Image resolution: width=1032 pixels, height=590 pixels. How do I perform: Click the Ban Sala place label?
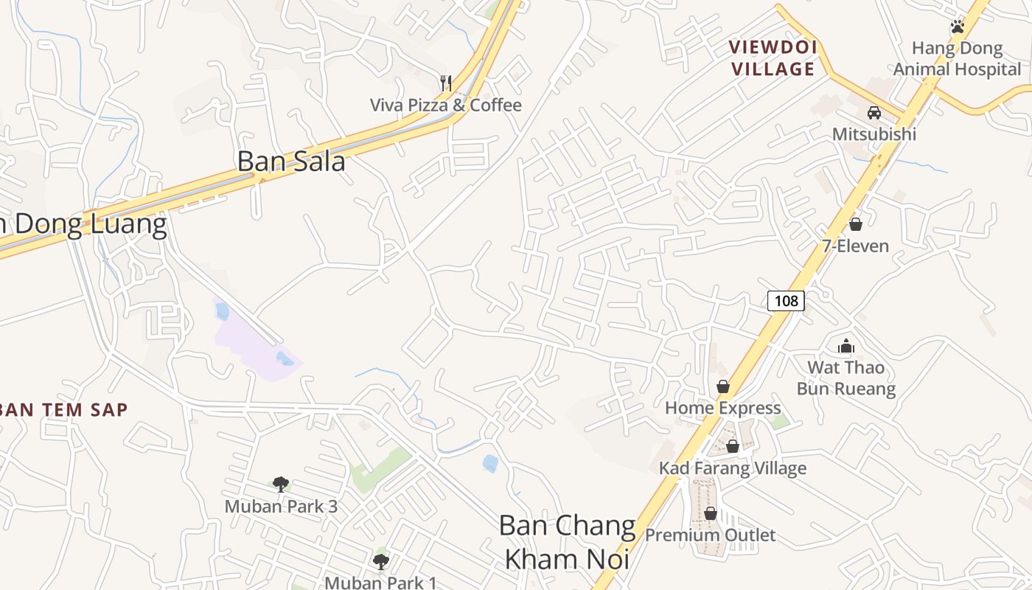pos(291,161)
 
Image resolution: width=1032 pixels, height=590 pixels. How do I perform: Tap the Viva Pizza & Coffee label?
pos(445,105)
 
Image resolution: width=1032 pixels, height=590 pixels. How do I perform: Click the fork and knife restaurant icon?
pos(445,83)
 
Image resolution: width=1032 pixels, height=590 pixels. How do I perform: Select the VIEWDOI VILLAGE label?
pos(772,58)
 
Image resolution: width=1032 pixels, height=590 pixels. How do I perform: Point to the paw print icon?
pos(957,27)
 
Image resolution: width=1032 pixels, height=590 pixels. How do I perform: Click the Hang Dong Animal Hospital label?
pos(957,59)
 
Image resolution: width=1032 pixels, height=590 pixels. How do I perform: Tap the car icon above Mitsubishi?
pos(874,113)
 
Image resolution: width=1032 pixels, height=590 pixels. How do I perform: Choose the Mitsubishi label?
pos(874,134)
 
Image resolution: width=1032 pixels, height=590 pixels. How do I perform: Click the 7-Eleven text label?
pos(856,246)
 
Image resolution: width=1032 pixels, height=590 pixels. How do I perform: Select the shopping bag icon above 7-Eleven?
pos(856,223)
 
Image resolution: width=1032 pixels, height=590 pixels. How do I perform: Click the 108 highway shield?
pos(786,300)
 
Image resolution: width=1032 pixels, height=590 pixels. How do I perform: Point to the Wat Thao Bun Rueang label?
pos(846,378)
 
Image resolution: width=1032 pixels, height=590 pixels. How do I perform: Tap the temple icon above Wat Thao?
pos(846,346)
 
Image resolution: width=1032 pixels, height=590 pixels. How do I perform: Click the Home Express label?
pos(722,408)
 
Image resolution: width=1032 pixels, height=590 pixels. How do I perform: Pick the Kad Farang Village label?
pos(732,468)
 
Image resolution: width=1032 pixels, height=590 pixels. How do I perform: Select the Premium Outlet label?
pos(710,535)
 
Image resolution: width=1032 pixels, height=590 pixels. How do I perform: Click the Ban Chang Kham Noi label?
pos(567,542)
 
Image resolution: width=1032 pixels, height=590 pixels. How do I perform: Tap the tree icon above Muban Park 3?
pos(280,485)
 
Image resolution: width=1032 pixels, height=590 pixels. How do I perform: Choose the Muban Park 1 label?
pos(380,582)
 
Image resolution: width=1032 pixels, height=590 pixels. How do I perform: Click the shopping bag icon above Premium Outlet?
pos(711,513)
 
